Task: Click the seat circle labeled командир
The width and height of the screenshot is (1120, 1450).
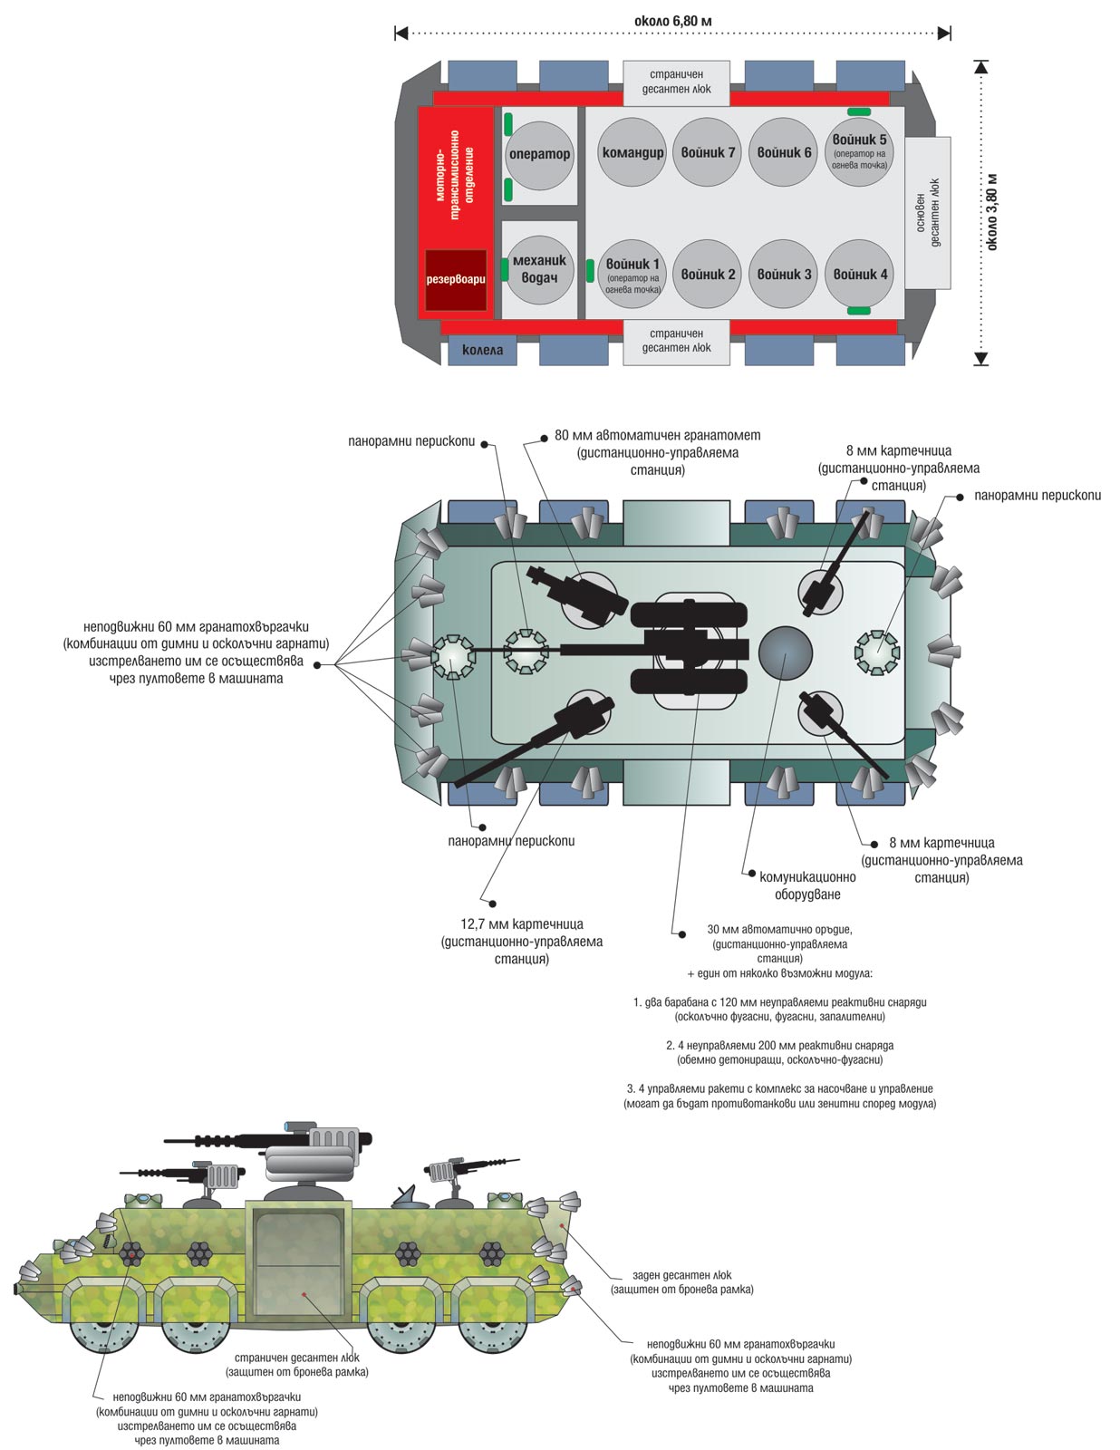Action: click(x=632, y=152)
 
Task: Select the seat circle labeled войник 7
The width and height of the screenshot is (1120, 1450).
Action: click(x=708, y=152)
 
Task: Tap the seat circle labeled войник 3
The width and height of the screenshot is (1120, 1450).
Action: click(x=784, y=275)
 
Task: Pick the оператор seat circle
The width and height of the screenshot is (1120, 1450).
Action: click(x=539, y=154)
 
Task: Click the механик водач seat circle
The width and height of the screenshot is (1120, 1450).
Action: click(x=539, y=269)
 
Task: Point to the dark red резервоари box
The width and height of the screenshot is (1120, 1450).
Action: click(x=456, y=279)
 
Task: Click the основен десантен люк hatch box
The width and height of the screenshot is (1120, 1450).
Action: click(x=928, y=212)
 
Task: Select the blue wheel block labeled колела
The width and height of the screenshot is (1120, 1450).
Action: click(x=482, y=350)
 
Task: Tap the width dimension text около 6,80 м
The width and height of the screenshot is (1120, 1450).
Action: click(x=673, y=21)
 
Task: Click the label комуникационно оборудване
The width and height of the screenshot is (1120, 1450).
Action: click(x=806, y=885)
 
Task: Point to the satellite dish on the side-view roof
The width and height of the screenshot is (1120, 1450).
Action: click(x=405, y=1196)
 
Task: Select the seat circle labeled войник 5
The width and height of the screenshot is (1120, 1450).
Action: click(x=859, y=152)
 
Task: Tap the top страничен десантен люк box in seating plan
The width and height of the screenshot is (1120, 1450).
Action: click(x=676, y=82)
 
